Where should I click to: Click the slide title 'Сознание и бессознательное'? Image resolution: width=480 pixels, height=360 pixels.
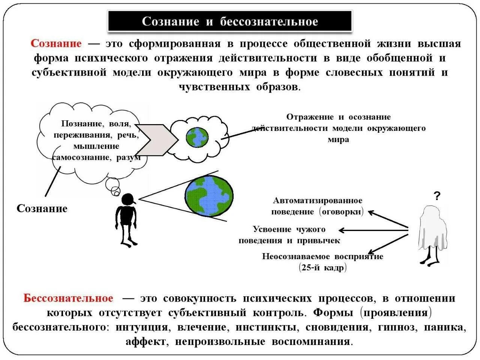230,21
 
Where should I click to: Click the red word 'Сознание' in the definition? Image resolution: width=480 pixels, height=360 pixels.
56,43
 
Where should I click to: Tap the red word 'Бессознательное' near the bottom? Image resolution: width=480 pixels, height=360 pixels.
68,298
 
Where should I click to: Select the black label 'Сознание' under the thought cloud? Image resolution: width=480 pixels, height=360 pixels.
42,209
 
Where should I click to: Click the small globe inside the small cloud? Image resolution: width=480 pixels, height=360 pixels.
197,137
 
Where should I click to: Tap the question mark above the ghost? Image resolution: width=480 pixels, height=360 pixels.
437,196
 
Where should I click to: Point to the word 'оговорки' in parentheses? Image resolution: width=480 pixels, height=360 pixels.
342,212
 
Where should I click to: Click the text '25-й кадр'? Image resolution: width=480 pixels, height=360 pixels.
323,268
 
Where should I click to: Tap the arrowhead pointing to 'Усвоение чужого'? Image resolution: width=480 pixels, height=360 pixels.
341,230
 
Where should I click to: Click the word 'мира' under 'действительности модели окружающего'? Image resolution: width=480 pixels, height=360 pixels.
338,139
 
